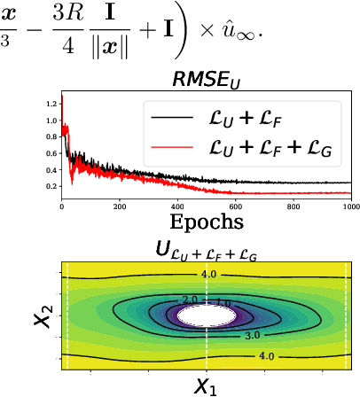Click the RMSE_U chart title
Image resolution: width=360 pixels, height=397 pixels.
pyautogui.click(x=206, y=81)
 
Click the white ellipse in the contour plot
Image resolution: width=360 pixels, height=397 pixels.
pyautogui.click(x=207, y=316)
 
